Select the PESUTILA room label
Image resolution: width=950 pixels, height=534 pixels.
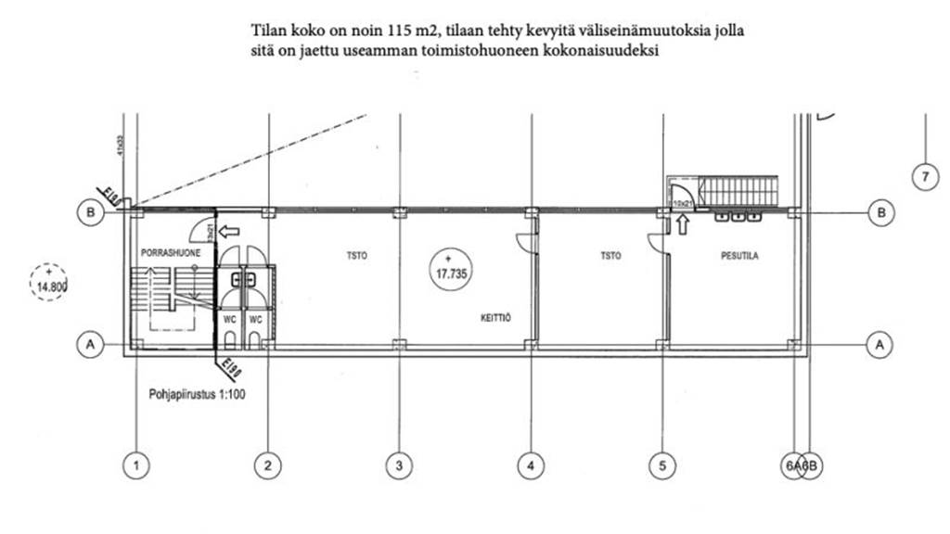click(739, 255)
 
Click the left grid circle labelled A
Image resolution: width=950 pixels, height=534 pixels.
click(90, 344)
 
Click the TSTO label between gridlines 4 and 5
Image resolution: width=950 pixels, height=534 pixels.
click(610, 255)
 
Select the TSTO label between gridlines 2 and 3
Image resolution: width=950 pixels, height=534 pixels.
click(355, 255)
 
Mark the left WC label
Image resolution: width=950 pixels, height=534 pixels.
click(229, 320)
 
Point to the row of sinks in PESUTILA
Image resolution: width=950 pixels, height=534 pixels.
click(738, 218)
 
